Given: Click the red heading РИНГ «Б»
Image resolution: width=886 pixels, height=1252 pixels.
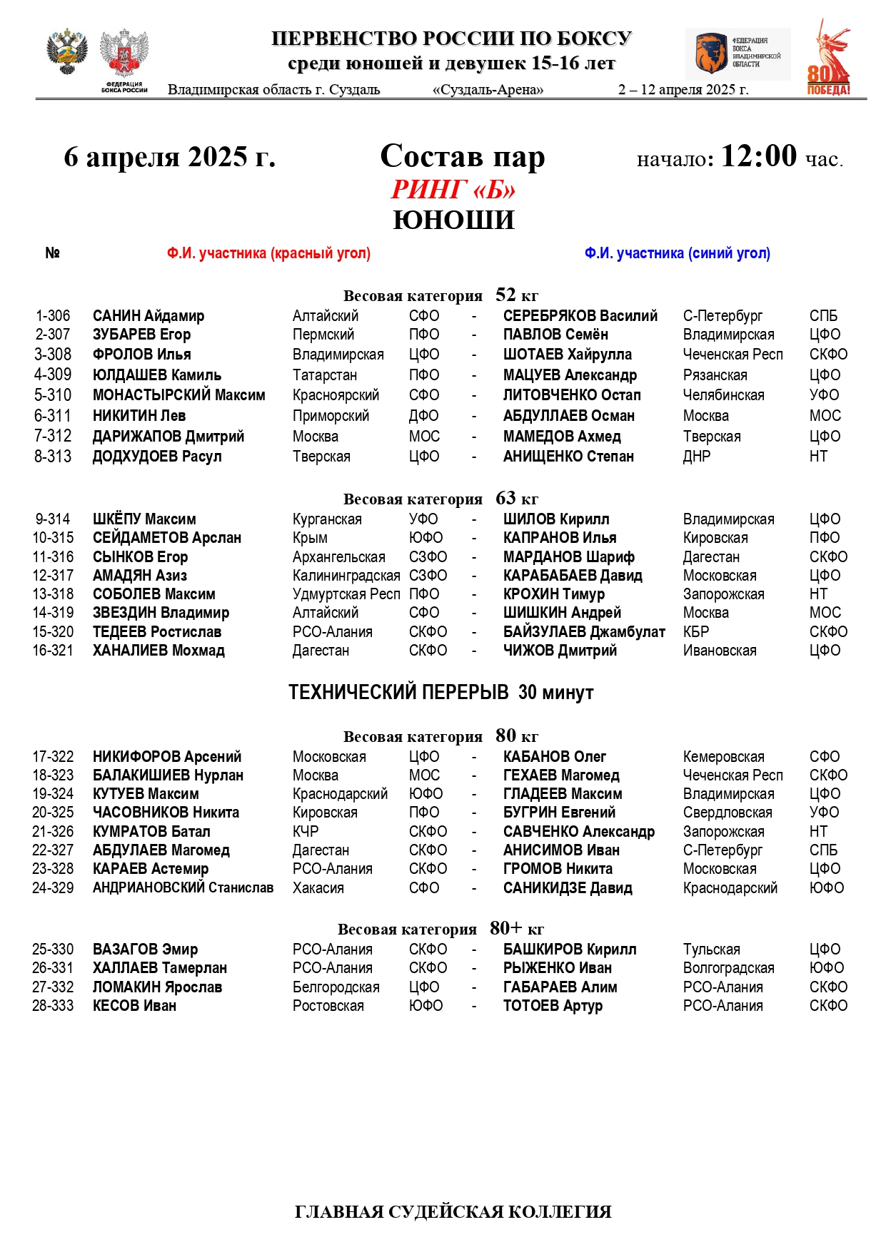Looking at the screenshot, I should click(453, 190).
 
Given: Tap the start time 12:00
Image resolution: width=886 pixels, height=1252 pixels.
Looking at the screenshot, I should click(758, 156).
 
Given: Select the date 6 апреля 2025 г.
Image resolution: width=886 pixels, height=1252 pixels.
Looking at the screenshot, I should click(169, 157).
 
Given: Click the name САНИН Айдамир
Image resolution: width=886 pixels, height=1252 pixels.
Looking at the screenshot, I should click(148, 316).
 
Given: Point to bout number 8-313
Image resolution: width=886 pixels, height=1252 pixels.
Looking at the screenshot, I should click(53, 457).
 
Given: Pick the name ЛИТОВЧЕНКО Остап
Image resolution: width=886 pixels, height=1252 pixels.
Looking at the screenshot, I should click(572, 395).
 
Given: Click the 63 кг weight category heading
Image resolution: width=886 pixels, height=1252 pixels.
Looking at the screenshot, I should click(441, 499).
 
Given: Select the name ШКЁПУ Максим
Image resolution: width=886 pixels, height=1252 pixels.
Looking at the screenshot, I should click(144, 519).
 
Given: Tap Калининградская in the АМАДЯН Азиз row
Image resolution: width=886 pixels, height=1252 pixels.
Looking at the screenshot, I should click(346, 576).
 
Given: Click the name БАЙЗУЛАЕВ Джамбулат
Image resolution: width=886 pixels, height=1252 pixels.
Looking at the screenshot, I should click(584, 632).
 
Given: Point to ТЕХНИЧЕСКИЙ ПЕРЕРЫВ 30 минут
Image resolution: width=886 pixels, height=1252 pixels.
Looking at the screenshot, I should click(441, 693).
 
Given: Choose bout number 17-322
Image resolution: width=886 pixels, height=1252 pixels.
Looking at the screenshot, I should click(53, 757).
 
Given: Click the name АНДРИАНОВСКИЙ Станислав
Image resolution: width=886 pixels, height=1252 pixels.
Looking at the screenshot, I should click(183, 888).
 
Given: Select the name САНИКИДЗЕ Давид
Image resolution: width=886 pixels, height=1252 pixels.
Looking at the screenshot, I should click(568, 888).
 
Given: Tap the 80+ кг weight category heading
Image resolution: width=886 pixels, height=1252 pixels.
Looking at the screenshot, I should click(441, 929).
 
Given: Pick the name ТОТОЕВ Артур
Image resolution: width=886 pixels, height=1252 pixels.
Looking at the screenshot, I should click(553, 1006).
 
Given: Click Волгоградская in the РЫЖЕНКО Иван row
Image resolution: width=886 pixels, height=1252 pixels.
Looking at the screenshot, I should click(728, 968).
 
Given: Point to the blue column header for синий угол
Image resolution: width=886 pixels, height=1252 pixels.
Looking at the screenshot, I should click(677, 253).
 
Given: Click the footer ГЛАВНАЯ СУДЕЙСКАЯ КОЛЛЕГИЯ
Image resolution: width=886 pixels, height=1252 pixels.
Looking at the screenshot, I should click(453, 1212).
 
